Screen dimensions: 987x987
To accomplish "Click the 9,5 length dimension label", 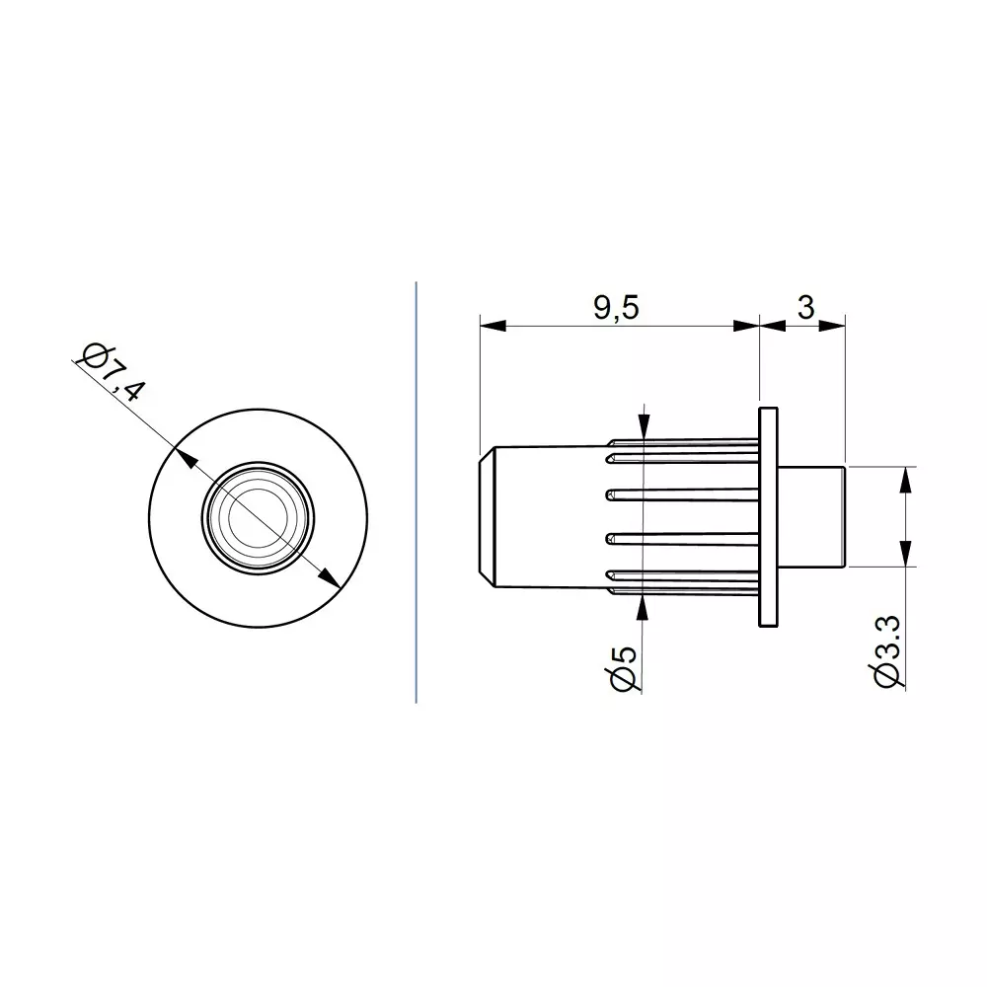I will click(x=617, y=308).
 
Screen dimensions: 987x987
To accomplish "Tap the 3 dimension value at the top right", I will click(x=805, y=308).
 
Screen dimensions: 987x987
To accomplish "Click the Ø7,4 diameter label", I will click(x=113, y=372).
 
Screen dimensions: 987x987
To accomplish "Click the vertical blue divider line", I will click(x=416, y=493).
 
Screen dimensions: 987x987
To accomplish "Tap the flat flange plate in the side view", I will click(x=767, y=516).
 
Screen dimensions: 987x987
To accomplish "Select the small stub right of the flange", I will click(x=812, y=516).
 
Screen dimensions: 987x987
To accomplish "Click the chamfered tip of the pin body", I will click(x=486, y=516).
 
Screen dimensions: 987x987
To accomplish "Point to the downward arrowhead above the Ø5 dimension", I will click(x=643, y=427).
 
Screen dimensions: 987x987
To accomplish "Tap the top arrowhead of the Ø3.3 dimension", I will click(x=906, y=478).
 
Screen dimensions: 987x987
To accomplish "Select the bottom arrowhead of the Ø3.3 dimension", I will click(x=906, y=554).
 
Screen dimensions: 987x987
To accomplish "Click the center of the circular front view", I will click(x=258, y=516).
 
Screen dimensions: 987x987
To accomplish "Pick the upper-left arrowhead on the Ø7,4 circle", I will click(x=184, y=457).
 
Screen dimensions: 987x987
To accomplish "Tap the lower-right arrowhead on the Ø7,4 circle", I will click(x=332, y=576).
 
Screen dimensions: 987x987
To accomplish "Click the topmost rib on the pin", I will click(x=681, y=442).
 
